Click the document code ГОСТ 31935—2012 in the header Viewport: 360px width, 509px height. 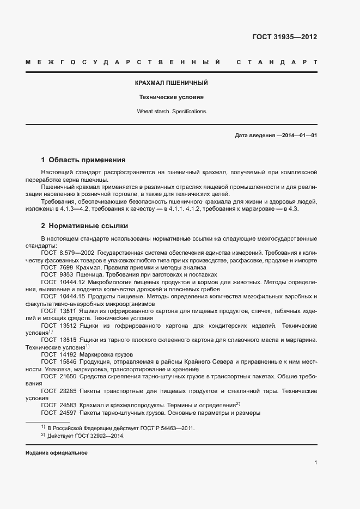coord(284,38)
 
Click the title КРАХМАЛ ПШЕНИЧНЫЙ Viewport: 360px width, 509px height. coord(172,83)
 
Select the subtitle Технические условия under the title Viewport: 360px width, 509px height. coord(172,97)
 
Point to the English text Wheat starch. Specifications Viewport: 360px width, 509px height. coord(172,111)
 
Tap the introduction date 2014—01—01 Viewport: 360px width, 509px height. coord(297,135)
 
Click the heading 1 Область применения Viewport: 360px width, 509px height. coord(83,160)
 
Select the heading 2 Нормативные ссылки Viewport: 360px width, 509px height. coord(84,226)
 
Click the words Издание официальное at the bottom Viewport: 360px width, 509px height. coord(57,453)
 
